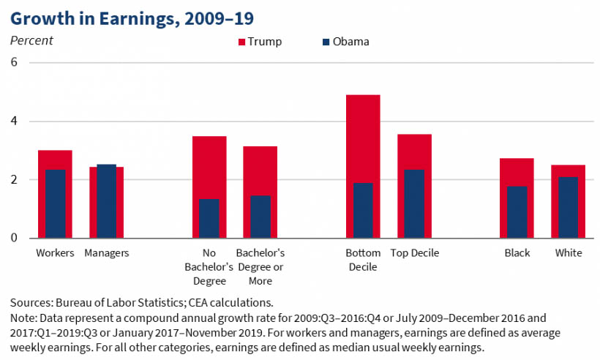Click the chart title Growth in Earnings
point(132,16)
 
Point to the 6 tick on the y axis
point(13,63)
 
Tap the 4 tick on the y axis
point(13,121)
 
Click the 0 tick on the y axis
point(13,239)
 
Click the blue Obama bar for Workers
point(56,204)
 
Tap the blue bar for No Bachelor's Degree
point(209,219)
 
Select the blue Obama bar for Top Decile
point(414,204)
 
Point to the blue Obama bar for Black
point(517,212)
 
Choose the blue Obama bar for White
point(568,208)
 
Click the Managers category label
point(107,254)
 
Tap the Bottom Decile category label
point(363,260)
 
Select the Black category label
point(517,254)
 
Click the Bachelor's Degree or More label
point(260,267)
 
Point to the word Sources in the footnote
point(31,302)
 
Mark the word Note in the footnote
point(22,318)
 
